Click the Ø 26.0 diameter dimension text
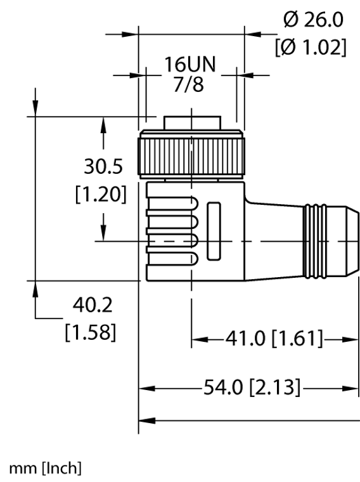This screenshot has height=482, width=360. click(x=313, y=20)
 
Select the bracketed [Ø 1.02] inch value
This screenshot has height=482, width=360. click(x=311, y=48)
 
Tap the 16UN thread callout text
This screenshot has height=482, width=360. click(x=190, y=64)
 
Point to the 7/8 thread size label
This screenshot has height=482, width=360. click(x=189, y=84)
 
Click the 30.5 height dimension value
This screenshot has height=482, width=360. click(x=103, y=166)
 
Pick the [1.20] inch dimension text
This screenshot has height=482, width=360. click(x=101, y=194)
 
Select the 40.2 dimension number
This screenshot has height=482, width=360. click(x=93, y=305)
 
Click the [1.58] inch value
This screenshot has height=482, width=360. click(x=91, y=332)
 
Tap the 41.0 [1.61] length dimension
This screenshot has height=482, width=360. click(x=274, y=339)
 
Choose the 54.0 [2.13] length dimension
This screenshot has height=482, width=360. click(x=252, y=387)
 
